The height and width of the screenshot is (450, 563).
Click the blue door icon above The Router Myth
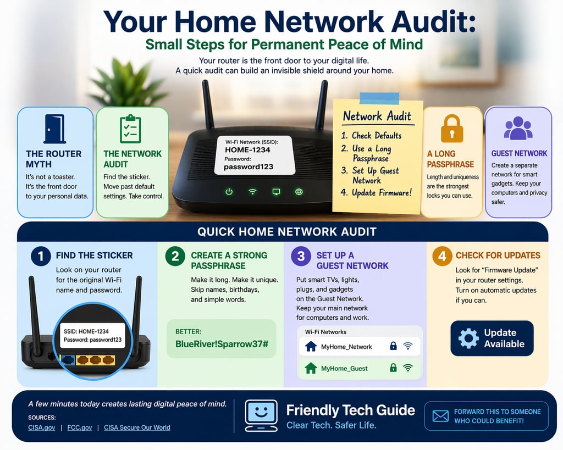click(x=55, y=129)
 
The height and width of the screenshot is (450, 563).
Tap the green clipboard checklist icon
click(x=130, y=129)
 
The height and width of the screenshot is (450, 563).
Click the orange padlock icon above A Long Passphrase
click(x=451, y=129)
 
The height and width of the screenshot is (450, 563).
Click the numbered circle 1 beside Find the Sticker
click(x=40, y=256)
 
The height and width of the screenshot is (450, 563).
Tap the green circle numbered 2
click(x=175, y=256)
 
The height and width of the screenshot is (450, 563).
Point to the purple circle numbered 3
click(x=300, y=256)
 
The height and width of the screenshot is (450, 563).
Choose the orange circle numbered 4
click(x=441, y=256)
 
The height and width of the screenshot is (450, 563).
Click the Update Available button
click(x=492, y=338)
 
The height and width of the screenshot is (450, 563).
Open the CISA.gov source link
click(x=41, y=427)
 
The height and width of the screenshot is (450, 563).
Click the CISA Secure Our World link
click(x=137, y=427)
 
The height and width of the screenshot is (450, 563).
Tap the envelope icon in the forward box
click(x=440, y=416)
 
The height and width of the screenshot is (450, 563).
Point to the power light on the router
click(x=229, y=192)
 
